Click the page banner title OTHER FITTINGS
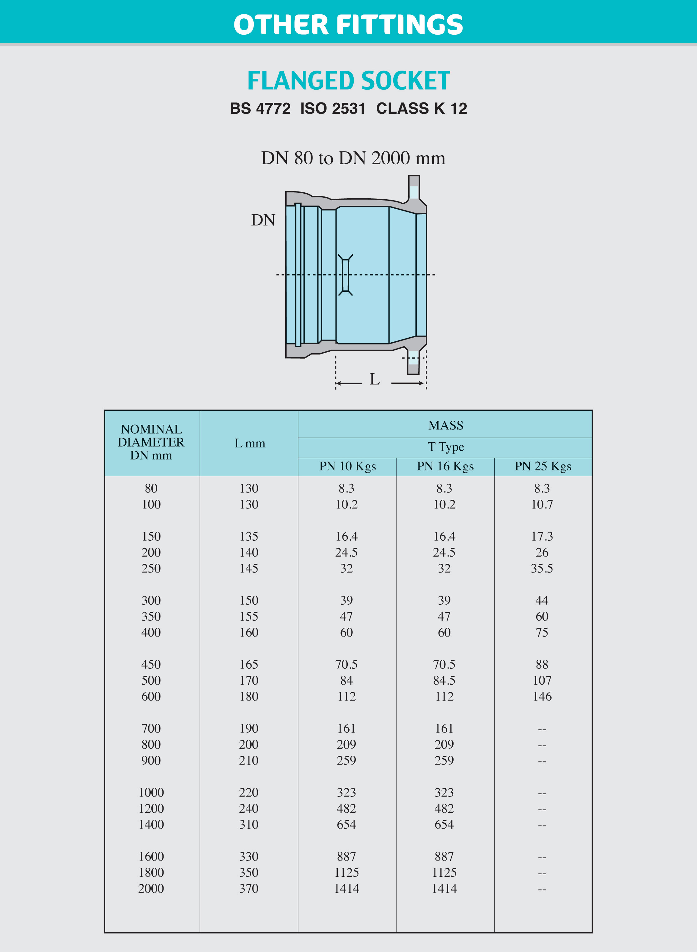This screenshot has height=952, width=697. (x=348, y=24)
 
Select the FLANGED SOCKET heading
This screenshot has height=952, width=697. (x=348, y=81)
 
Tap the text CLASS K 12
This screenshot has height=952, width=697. (x=421, y=108)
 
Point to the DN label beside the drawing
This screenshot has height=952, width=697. (x=263, y=220)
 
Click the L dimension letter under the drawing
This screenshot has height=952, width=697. (x=375, y=379)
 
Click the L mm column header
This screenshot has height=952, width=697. (x=250, y=443)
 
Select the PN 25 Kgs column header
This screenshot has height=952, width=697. (x=543, y=467)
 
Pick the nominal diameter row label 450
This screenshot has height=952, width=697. (x=151, y=665)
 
